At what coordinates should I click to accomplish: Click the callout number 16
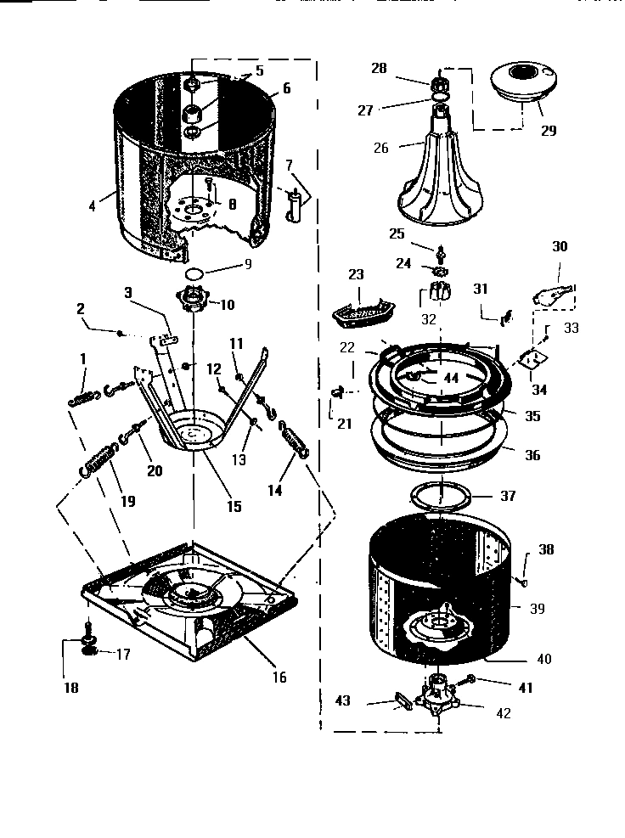pos(279,677)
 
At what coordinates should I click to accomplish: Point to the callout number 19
pos(127,501)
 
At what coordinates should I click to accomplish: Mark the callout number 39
pos(538,609)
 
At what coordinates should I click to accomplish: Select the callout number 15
pos(234,506)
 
